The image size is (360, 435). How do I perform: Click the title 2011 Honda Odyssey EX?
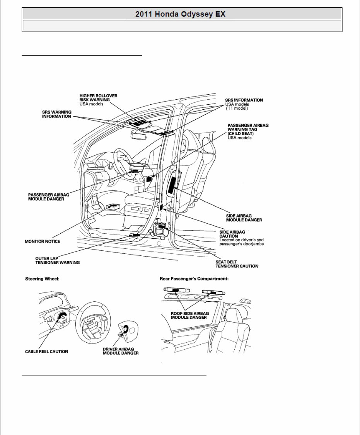tap(180, 14)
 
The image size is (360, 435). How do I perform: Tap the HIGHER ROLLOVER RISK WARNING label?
tap(98, 98)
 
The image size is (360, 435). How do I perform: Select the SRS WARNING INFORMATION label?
tap(56, 114)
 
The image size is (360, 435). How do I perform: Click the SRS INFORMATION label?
tap(244, 100)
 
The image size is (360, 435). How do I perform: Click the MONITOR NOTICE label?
tap(42, 241)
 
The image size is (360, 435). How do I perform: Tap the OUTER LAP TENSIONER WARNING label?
tap(57, 260)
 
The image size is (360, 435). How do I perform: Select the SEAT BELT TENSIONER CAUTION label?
tap(237, 264)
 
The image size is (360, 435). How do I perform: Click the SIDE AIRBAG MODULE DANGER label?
tap(244, 217)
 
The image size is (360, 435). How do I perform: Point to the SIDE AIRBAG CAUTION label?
tap(232, 234)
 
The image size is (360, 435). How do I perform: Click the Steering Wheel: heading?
tap(42, 278)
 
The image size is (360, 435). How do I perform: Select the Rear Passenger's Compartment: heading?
tap(194, 278)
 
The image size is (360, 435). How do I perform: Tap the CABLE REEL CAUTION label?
tap(46, 352)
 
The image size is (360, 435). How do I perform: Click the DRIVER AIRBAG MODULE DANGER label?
tap(120, 351)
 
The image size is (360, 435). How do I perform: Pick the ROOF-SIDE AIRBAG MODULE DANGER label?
tap(189, 315)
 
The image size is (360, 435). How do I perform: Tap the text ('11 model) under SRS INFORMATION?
tap(236, 108)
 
